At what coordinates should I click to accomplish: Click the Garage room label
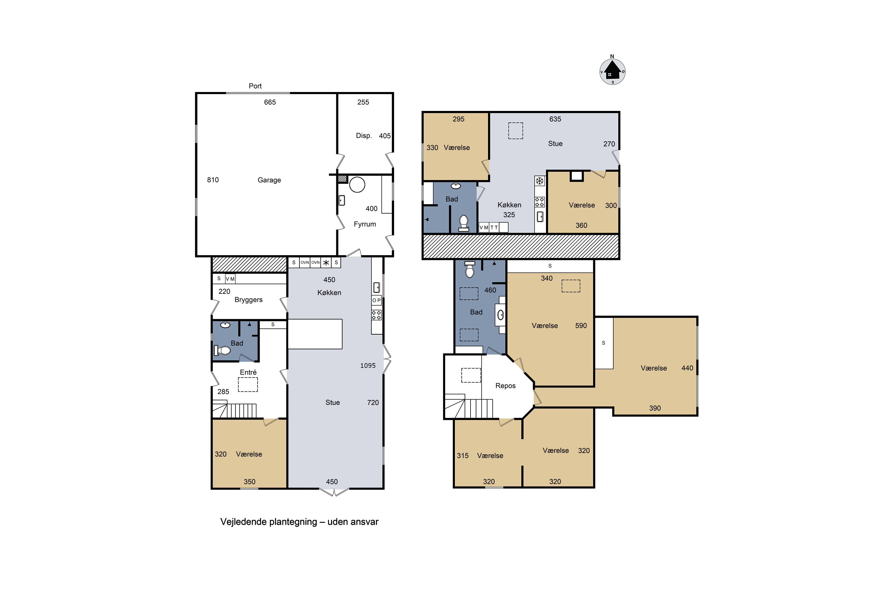pyautogui.click(x=269, y=180)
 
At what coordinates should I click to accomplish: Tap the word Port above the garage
pyautogui.click(x=255, y=86)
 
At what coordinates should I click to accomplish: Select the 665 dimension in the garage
pyautogui.click(x=270, y=102)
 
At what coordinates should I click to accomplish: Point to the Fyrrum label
pyautogui.click(x=365, y=224)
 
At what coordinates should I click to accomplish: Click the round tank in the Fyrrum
pyautogui.click(x=357, y=185)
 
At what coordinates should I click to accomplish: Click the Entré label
pyautogui.click(x=248, y=372)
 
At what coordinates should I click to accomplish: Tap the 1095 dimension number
pyautogui.click(x=368, y=366)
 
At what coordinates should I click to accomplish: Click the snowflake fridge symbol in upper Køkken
pyautogui.click(x=540, y=181)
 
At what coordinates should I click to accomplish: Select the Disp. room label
pyautogui.click(x=363, y=136)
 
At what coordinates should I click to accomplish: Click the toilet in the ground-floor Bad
pyautogui.click(x=222, y=351)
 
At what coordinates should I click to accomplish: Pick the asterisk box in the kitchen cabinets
pyautogui.click(x=326, y=263)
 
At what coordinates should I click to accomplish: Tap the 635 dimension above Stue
pyautogui.click(x=555, y=119)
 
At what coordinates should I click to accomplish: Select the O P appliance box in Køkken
pyautogui.click(x=376, y=300)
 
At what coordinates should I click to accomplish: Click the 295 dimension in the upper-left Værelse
pyautogui.click(x=458, y=119)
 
